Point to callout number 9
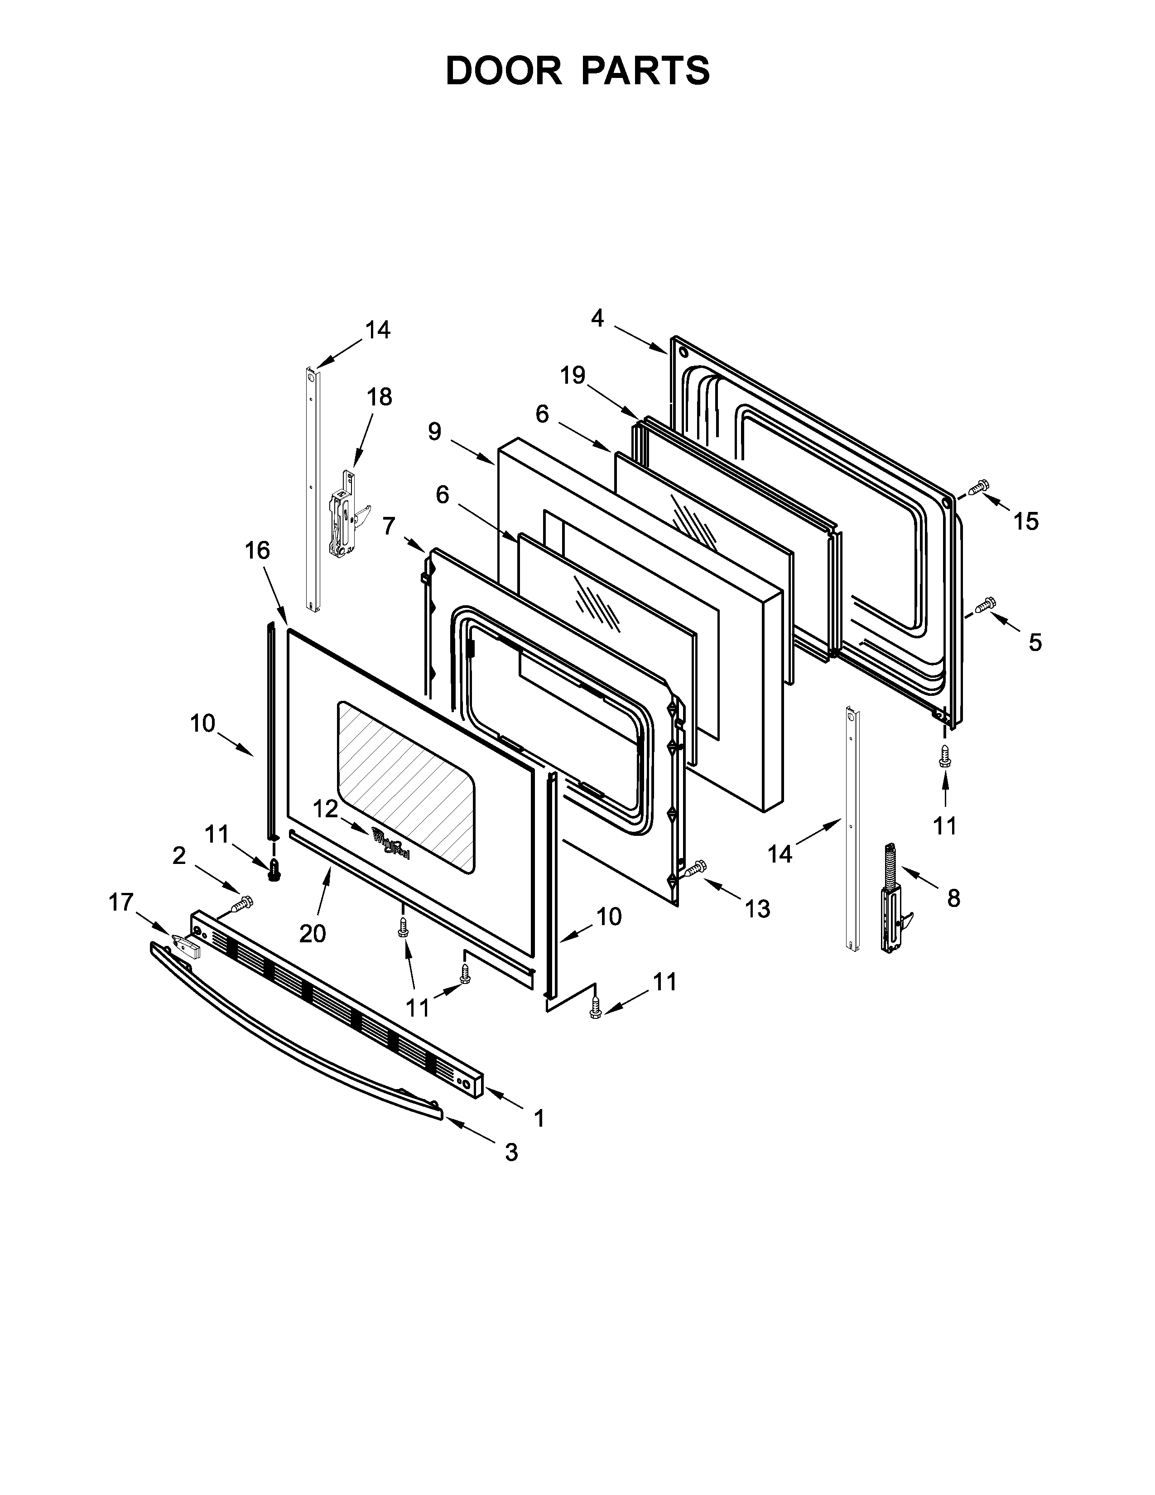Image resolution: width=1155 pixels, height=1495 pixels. click(434, 431)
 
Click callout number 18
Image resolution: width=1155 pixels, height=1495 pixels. click(380, 396)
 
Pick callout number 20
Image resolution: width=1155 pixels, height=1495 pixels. click(313, 933)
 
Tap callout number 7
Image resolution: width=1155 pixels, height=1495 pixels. click(389, 526)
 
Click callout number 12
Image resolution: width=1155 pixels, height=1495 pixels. click(326, 809)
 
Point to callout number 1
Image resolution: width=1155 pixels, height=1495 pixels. click(539, 1119)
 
